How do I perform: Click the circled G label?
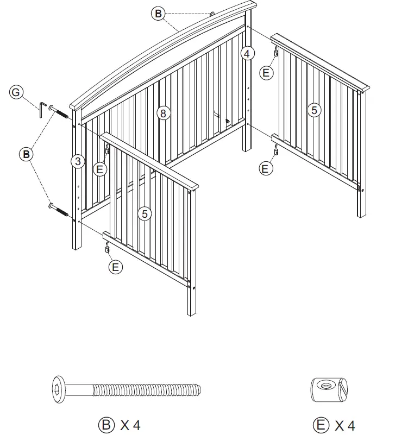click(16, 92)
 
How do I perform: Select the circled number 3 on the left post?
click(78, 161)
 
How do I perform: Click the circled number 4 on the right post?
click(247, 53)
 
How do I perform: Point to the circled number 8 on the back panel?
click(162, 113)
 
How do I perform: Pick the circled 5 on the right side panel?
click(313, 110)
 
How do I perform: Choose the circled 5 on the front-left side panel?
click(145, 214)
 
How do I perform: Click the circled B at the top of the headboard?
click(158, 14)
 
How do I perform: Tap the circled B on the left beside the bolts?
click(26, 154)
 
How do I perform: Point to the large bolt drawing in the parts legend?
click(128, 389)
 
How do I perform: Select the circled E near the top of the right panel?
click(266, 73)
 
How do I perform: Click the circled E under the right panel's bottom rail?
click(265, 169)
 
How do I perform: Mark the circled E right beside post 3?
click(100, 169)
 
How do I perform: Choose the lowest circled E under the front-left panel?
click(115, 266)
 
